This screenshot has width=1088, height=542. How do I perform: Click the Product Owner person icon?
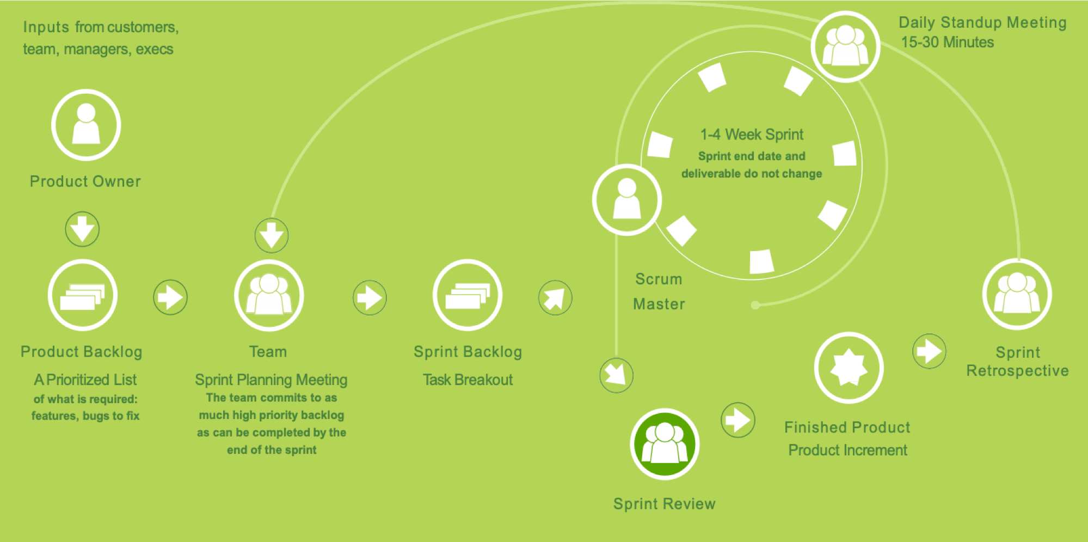(x=86, y=125)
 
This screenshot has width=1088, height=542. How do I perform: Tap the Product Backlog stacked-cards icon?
(x=83, y=295)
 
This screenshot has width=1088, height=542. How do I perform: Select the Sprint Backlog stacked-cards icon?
(x=468, y=295)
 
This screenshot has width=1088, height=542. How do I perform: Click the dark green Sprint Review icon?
(x=665, y=444)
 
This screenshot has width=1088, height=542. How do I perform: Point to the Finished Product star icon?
(x=849, y=368)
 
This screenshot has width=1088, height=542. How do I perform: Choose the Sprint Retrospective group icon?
(x=1017, y=294)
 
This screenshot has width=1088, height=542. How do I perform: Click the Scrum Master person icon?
(x=627, y=200)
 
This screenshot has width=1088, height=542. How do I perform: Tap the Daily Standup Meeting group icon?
(x=845, y=46)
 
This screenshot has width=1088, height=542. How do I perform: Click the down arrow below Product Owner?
(x=82, y=229)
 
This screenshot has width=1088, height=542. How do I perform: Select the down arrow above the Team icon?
(x=272, y=235)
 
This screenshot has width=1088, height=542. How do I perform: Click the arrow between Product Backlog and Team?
(x=170, y=297)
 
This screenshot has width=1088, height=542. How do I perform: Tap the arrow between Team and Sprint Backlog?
(x=370, y=297)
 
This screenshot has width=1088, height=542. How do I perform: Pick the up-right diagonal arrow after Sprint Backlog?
(x=555, y=297)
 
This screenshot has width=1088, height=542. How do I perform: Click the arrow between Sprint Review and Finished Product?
(x=738, y=420)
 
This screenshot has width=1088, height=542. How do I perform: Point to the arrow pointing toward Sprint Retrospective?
(x=929, y=351)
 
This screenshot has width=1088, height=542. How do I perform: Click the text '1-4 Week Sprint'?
(x=752, y=135)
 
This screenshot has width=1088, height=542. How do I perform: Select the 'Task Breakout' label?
(x=468, y=380)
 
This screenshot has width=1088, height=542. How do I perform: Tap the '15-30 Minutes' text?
(x=947, y=42)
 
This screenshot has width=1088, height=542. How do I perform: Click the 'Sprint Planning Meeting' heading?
(x=271, y=380)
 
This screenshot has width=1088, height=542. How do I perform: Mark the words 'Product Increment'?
(x=847, y=450)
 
